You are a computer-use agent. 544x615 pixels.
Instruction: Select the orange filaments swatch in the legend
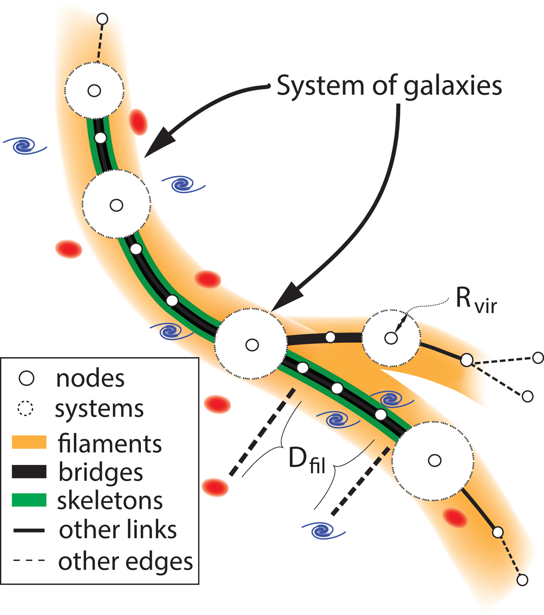(x=29, y=442)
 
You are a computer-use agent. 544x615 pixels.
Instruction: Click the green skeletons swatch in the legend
(x=29, y=500)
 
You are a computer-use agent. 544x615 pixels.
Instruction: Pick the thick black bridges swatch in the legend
(x=29, y=471)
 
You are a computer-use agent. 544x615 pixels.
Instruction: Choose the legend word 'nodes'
(x=90, y=378)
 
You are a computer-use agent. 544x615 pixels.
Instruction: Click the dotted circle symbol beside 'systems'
(x=25, y=409)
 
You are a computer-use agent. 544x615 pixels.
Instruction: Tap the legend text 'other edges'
(x=126, y=562)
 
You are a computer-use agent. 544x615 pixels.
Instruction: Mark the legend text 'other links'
(x=118, y=530)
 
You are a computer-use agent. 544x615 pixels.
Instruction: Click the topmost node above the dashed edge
(x=103, y=19)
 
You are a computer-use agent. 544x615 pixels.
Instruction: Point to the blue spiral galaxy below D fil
(x=323, y=529)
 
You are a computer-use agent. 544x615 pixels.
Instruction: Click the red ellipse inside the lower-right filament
(x=455, y=518)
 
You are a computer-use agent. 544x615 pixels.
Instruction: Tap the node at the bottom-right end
(x=522, y=580)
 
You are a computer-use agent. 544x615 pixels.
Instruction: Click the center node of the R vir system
(x=391, y=338)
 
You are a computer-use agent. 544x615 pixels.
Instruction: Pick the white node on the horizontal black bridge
(x=330, y=337)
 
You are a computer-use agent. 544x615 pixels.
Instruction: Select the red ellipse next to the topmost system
(x=138, y=121)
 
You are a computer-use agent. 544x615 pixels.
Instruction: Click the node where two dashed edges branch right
(x=467, y=360)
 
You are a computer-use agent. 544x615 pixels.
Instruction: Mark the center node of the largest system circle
(x=435, y=461)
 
